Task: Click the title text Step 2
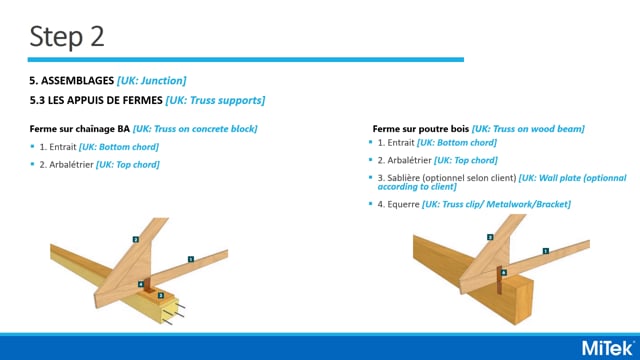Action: (x=67, y=37)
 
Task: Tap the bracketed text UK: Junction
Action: (x=152, y=80)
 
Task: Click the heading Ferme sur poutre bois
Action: (x=421, y=129)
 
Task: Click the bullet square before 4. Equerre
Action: (x=368, y=204)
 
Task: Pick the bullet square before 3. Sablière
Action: (x=368, y=177)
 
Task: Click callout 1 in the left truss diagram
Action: (x=190, y=259)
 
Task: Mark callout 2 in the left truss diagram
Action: (x=135, y=239)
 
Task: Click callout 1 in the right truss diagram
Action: (x=545, y=251)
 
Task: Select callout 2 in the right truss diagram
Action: (x=489, y=237)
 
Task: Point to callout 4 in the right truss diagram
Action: (x=503, y=271)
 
